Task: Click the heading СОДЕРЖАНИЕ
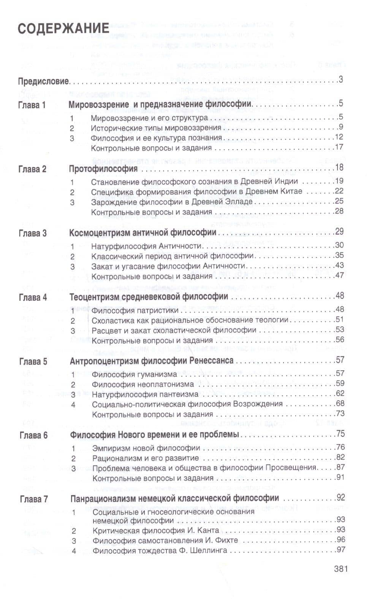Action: tap(63, 29)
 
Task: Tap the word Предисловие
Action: tap(43, 81)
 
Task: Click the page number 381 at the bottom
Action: tap(340, 569)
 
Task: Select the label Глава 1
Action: tap(32, 105)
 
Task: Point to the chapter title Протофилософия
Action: tap(103, 169)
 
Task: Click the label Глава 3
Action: tap(32, 233)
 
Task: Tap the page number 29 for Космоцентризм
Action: tap(339, 231)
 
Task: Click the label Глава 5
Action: tap(33, 362)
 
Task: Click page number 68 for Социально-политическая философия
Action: tap(340, 403)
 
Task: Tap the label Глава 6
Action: tap(33, 435)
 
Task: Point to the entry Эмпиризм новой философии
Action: tap(146, 448)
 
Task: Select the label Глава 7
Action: tap(34, 499)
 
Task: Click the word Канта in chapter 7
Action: tap(209, 530)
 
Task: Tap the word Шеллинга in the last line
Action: tap(210, 550)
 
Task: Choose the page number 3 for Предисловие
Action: tap(340, 80)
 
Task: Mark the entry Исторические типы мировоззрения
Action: tap(156, 128)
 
